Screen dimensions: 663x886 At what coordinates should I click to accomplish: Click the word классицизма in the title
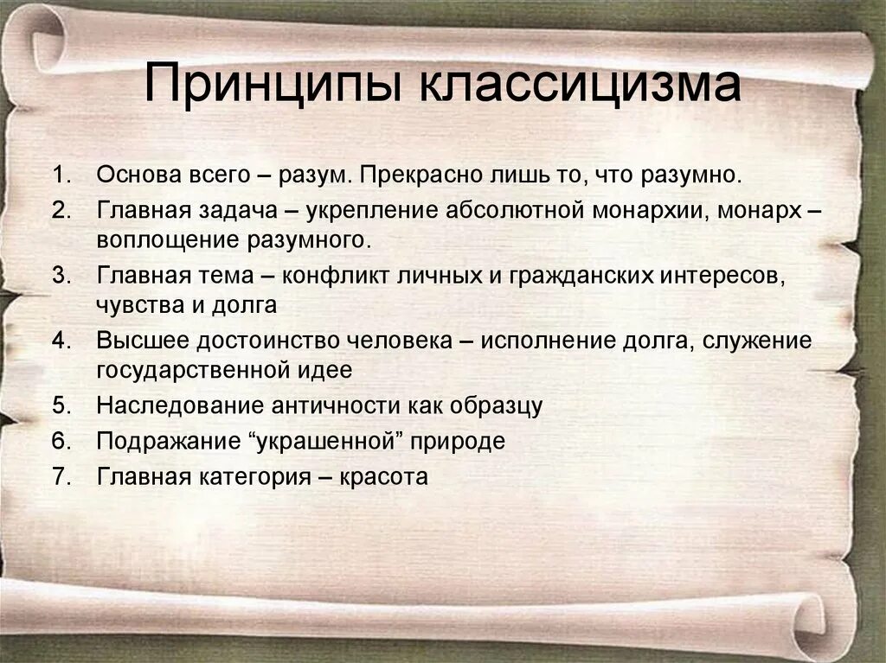pyautogui.click(x=581, y=86)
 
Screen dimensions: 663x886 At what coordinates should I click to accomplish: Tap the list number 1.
pyautogui.click(x=60, y=175)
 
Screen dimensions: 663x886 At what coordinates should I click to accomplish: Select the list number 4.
pyautogui.click(x=60, y=341)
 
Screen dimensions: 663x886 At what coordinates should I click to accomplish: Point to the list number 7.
pyautogui.click(x=60, y=476)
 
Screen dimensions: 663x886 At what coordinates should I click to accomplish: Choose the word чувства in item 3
pyautogui.click(x=137, y=303)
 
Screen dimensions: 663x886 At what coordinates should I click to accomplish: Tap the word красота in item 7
pyautogui.click(x=384, y=476)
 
